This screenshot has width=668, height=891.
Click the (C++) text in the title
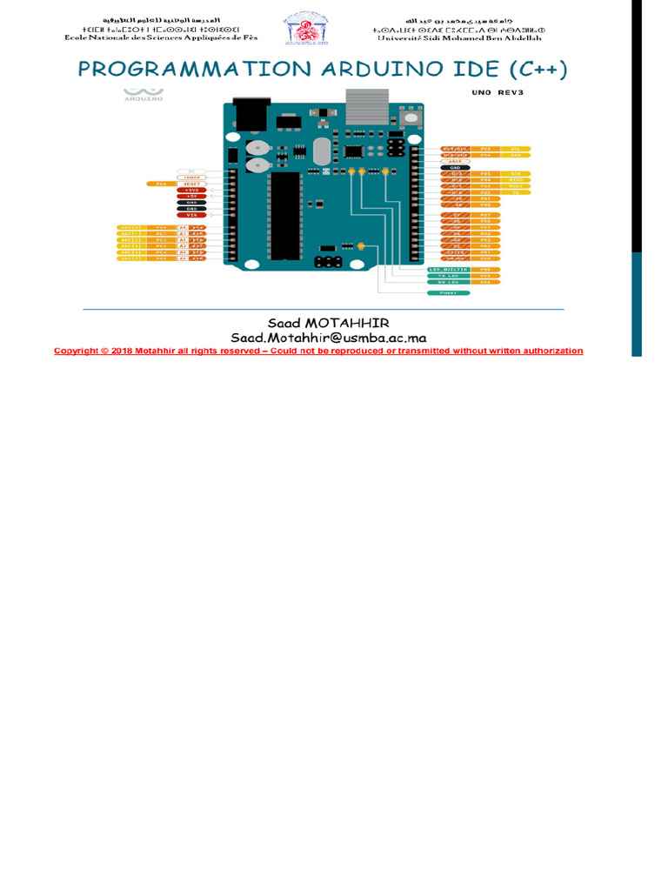tap(538, 70)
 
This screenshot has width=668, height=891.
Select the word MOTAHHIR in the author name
tap(356, 323)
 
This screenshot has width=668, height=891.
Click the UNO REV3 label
tap(494, 92)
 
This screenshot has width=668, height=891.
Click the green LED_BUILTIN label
tap(449, 270)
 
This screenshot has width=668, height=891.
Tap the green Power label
tap(449, 293)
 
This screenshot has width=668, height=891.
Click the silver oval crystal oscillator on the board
tap(319, 152)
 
